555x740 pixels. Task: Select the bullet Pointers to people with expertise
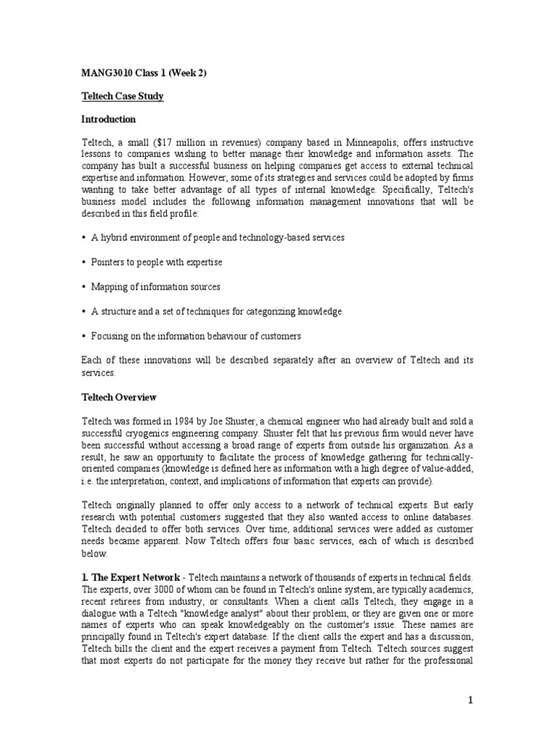pyautogui.click(x=156, y=262)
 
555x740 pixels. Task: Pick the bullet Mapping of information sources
pyautogui.click(x=155, y=287)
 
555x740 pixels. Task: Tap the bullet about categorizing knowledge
pyautogui.click(x=216, y=311)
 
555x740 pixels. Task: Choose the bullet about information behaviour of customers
pyautogui.click(x=196, y=336)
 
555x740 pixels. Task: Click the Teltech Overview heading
pyautogui.click(x=118, y=397)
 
